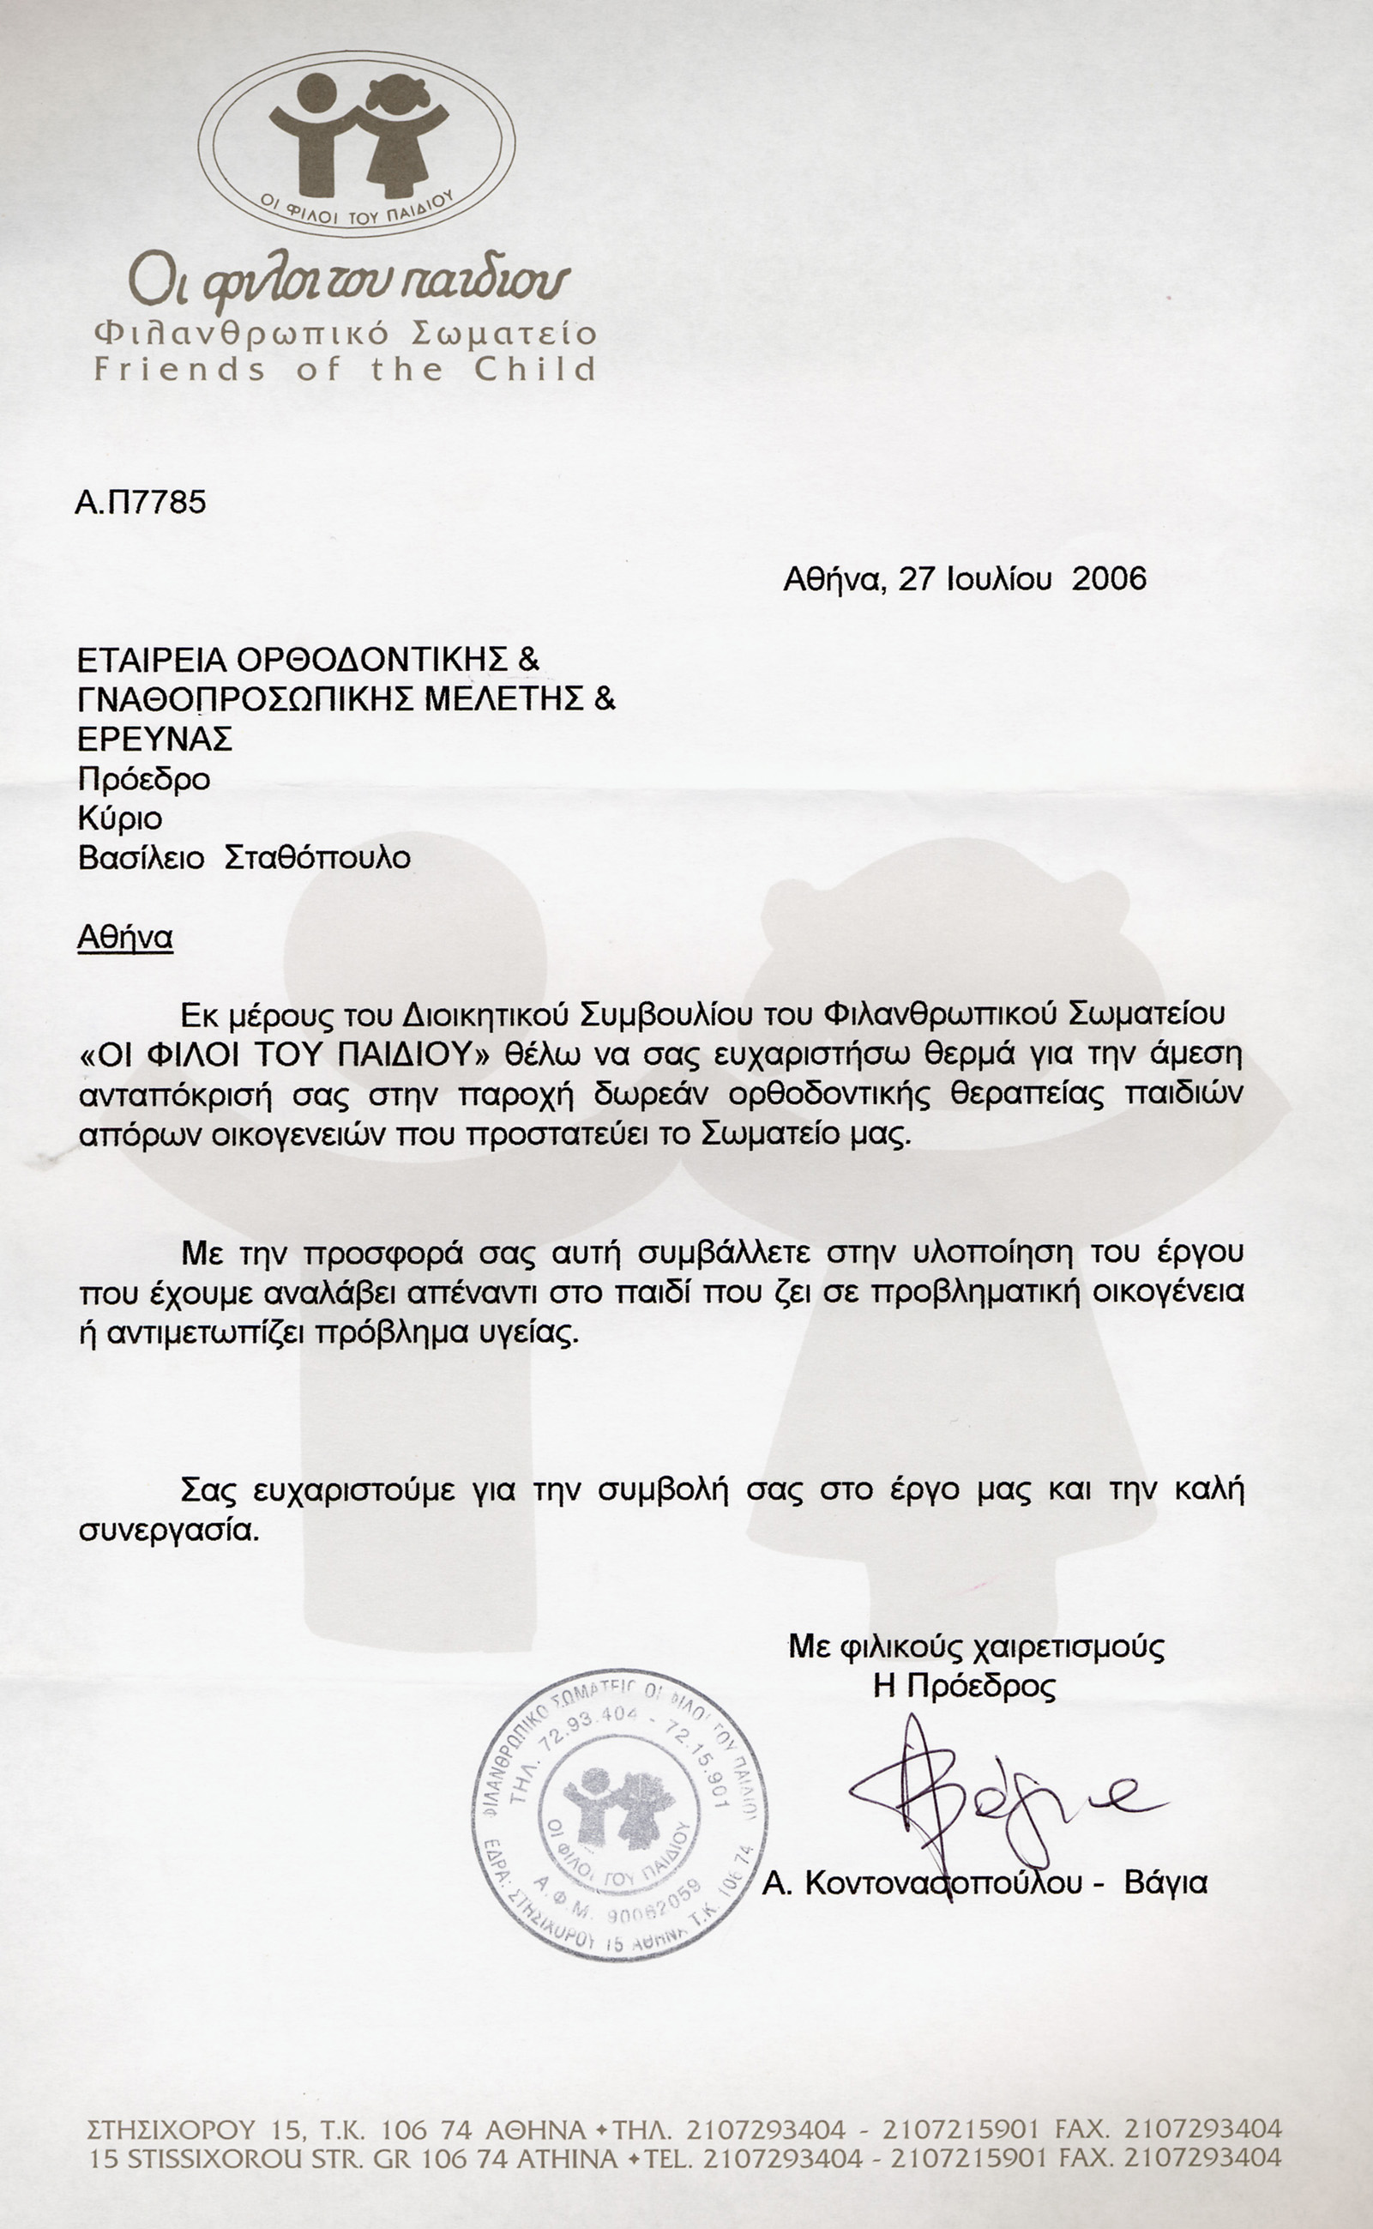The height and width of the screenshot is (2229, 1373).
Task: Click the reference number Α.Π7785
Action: [141, 502]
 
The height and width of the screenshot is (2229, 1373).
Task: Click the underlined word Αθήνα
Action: [124, 938]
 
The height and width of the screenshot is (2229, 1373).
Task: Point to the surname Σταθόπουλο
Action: [317, 857]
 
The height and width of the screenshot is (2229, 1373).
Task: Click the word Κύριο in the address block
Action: [120, 819]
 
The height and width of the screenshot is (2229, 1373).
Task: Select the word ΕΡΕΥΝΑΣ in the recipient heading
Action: [154, 739]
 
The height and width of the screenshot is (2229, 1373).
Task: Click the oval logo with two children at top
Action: [357, 142]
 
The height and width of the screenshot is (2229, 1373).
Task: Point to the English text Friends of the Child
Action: [345, 370]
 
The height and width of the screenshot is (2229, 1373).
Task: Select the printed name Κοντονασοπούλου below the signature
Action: [943, 1883]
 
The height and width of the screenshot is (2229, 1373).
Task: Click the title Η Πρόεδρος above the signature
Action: [965, 1687]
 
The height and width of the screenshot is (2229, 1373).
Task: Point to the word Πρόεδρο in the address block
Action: [143, 779]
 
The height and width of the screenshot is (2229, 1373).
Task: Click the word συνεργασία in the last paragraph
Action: [169, 1531]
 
